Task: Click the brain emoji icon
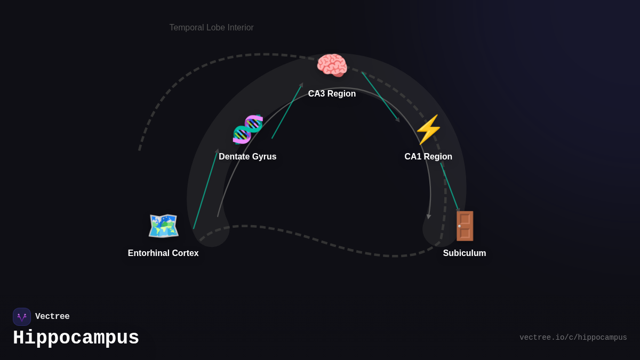coord(332,66)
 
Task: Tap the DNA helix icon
coord(248,129)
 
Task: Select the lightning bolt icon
coord(428,129)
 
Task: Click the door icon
coord(465,226)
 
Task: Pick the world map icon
coord(163,226)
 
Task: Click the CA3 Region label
coord(332,94)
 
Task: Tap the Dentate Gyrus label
coord(247,157)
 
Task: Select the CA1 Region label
coord(428,157)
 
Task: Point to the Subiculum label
coord(465,253)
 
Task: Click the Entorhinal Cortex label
coord(163,253)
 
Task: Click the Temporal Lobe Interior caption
coord(212,28)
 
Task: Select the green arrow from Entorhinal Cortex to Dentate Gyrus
coord(206,189)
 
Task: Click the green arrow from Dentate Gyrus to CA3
coord(287,111)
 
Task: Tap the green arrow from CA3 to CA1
coord(380,96)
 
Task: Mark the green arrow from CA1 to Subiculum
coord(450,187)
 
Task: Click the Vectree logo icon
coord(22,317)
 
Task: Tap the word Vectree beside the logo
coord(52,317)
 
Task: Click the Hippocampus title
coord(76,338)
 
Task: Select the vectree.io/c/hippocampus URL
coord(573,338)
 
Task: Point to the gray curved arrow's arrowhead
coord(429,217)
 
